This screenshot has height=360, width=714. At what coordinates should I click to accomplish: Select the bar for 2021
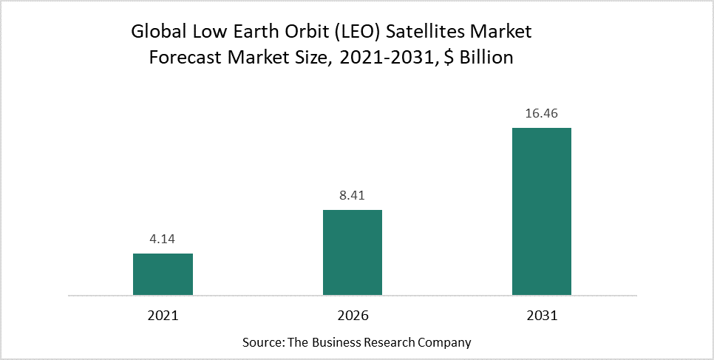163,274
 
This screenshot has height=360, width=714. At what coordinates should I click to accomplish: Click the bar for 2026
352,253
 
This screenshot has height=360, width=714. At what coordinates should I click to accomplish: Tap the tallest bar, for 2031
541,211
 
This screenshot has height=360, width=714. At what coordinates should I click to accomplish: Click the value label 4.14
163,240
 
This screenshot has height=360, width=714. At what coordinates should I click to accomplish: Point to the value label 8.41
352,196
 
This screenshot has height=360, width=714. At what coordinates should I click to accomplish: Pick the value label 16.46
541,114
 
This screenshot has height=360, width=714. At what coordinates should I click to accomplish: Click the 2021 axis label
163,315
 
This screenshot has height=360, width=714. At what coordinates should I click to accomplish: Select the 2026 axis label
352,315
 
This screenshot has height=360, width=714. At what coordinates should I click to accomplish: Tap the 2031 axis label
541,315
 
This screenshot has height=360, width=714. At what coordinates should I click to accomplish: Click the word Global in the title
157,33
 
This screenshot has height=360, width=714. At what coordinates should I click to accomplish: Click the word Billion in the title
486,58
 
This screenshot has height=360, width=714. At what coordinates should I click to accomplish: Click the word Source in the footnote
261,343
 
